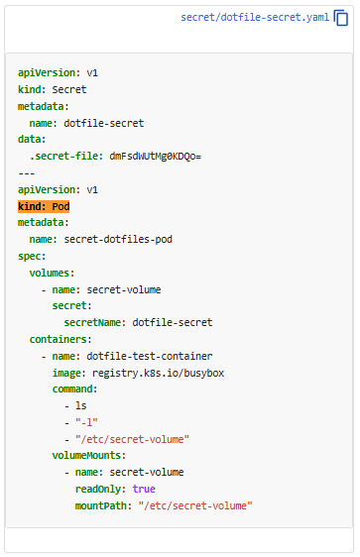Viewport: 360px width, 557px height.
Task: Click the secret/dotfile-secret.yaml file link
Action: click(x=255, y=18)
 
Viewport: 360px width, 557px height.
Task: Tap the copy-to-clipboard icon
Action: click(x=341, y=18)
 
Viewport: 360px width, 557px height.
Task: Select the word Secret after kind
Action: click(x=69, y=89)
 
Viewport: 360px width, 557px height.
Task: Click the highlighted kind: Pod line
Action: click(x=44, y=206)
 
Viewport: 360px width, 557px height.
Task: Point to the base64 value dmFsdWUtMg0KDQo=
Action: click(x=156, y=157)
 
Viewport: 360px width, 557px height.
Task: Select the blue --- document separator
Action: click(x=27, y=173)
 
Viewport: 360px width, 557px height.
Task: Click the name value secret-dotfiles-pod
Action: click(x=118, y=240)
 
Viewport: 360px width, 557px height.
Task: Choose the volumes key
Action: click(x=51, y=273)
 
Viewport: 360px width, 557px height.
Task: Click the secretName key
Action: click(x=92, y=322)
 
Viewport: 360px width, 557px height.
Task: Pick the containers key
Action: click(x=59, y=339)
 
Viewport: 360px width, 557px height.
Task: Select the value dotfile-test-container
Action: click(x=150, y=356)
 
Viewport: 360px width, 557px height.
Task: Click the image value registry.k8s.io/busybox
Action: click(x=158, y=373)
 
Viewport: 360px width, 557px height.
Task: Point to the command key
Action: click(x=72, y=389)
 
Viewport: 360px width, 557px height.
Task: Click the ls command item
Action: click(x=81, y=405)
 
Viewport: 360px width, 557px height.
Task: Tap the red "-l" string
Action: click(x=86, y=422)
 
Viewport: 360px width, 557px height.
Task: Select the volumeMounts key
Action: click(x=87, y=455)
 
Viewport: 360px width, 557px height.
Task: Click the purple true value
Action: click(x=144, y=489)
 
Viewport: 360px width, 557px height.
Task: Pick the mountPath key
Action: click(x=101, y=505)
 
